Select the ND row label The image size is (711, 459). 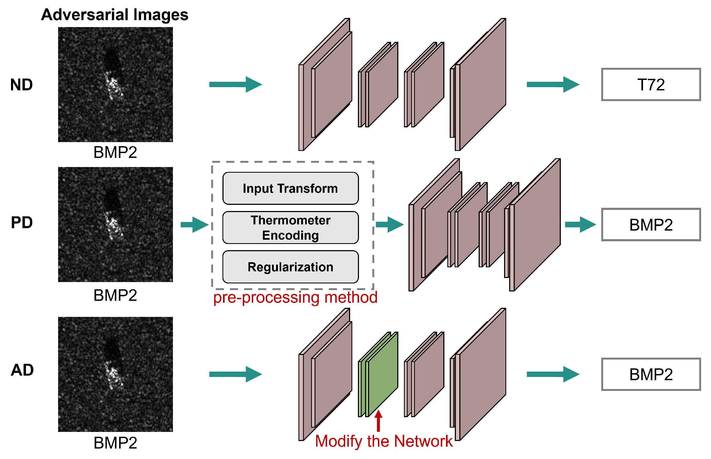pyautogui.click(x=21, y=85)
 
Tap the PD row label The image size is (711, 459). pyautogui.click(x=22, y=222)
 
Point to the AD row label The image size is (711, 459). pyautogui.click(x=22, y=370)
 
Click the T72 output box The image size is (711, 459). pyautogui.click(x=651, y=85)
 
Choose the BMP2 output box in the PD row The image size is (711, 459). pyautogui.click(x=651, y=225)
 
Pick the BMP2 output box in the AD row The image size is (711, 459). pyautogui.click(x=651, y=374)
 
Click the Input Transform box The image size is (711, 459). pyautogui.click(x=290, y=188)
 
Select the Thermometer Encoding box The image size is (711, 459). pyautogui.click(x=290, y=228)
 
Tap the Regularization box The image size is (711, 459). pyautogui.click(x=290, y=267)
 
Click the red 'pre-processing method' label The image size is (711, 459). pyautogui.click(x=295, y=297)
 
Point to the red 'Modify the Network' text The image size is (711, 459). pyautogui.click(x=384, y=441)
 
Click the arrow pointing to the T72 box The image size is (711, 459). pyautogui.click(x=553, y=85)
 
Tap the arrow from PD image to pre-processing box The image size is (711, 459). pyautogui.click(x=195, y=225)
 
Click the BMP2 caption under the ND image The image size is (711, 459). pyautogui.click(x=115, y=152)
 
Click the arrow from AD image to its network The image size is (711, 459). pyautogui.click(x=235, y=374)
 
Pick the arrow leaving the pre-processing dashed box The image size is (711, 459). pyautogui.click(x=389, y=225)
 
